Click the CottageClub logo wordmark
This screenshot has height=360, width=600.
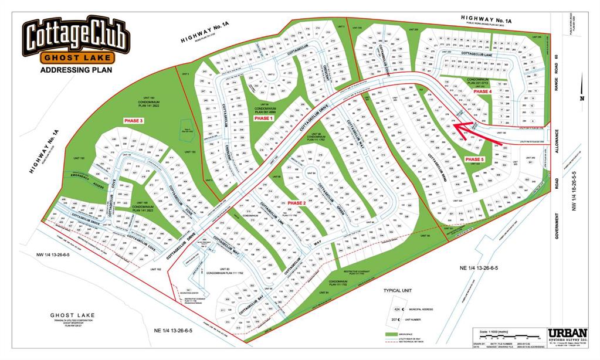(74, 36)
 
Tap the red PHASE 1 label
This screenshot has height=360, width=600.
(263, 118)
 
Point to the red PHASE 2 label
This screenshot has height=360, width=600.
(297, 202)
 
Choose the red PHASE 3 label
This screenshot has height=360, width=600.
(133, 120)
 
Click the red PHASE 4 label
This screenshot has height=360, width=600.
(482, 92)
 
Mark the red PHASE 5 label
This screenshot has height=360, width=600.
(474, 159)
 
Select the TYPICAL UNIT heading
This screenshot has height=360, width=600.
(401, 291)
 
